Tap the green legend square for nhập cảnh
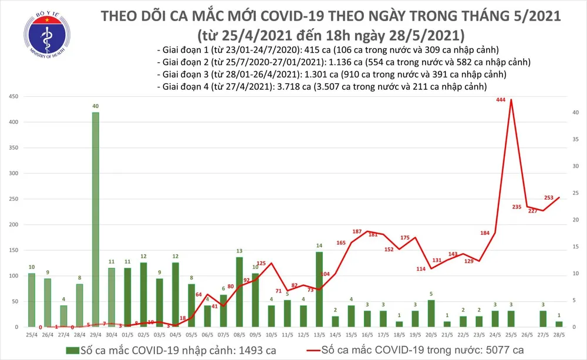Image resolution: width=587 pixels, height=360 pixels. pos(72,351)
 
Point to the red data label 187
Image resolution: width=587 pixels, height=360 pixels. pos(356,232)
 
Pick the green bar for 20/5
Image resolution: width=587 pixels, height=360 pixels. pos(431,313)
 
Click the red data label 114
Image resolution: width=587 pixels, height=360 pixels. pos(421,269)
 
